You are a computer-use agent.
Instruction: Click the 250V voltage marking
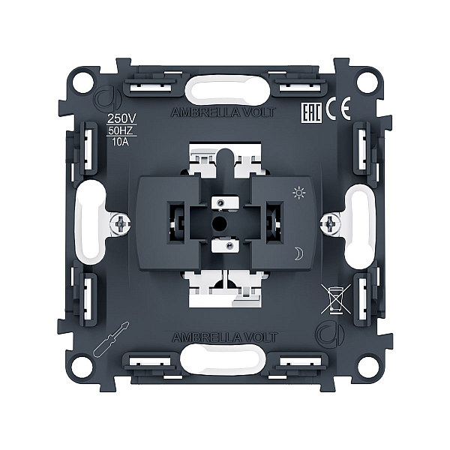coord(121,118)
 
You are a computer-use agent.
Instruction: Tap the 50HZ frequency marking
coord(121,130)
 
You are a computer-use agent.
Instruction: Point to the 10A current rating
coord(120,142)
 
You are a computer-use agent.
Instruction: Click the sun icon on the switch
coord(298,193)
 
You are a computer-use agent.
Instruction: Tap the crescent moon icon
coord(299,253)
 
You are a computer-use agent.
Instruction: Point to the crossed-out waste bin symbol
coord(335,298)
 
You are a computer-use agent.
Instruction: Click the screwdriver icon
coord(111,339)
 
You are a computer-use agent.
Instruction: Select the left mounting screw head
coord(121,223)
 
